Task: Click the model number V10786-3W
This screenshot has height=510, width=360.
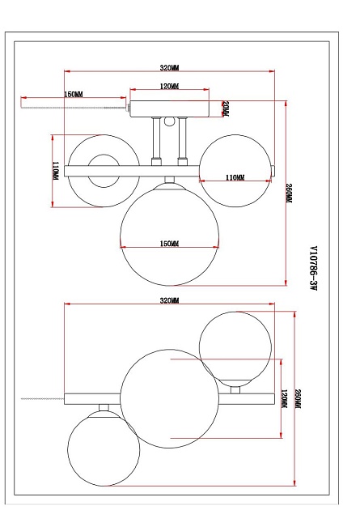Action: [x=312, y=266]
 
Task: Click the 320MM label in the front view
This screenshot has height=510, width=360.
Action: [x=169, y=68]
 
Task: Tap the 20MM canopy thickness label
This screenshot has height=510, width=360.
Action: [x=227, y=108]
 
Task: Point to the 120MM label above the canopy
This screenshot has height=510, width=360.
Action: [x=168, y=86]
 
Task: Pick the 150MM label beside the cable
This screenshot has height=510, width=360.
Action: [x=74, y=95]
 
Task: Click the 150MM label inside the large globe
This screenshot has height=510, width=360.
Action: [x=168, y=243]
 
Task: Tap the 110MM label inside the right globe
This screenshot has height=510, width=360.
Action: [x=235, y=177]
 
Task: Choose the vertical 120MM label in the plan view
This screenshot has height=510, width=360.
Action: [x=283, y=399]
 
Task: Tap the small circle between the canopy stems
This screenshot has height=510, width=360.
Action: [x=168, y=123]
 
